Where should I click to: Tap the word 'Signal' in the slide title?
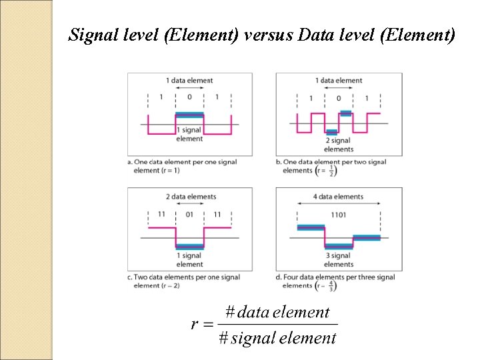[x=90, y=35]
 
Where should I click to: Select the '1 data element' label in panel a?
[x=189, y=81]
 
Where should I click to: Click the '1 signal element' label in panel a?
[x=190, y=135]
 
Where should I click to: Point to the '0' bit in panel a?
[x=189, y=97]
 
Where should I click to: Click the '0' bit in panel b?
[x=339, y=99]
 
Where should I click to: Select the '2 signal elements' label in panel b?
[x=339, y=145]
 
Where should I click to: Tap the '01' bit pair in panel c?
[x=189, y=214]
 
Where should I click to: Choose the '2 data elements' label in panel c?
[x=190, y=197]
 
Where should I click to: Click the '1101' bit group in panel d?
[x=339, y=214]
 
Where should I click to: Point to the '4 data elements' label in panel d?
[x=339, y=197]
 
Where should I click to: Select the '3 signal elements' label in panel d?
[x=339, y=259]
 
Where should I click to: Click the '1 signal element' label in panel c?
[x=190, y=259]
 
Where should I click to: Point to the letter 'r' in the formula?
[x=194, y=325]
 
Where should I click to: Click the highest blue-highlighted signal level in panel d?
[x=311, y=227]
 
